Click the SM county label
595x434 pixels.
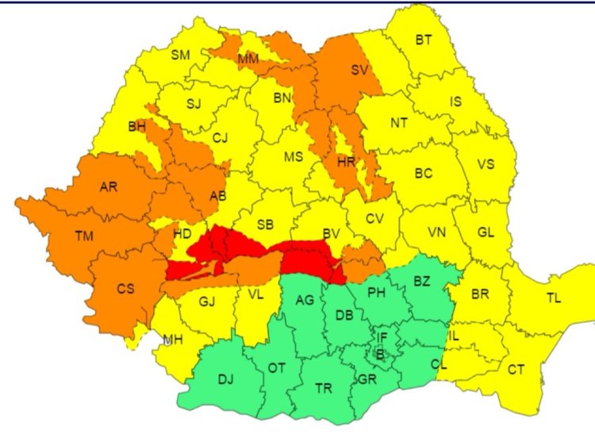point(181,54)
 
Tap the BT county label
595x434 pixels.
point(424,40)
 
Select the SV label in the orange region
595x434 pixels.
point(360,70)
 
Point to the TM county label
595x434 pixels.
point(83,236)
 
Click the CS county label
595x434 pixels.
point(126,289)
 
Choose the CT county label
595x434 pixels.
point(516,369)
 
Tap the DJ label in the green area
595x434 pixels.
point(226,378)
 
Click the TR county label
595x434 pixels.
point(324,389)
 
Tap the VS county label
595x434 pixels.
point(486,164)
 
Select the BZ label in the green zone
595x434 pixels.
point(421,282)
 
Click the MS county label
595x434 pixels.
point(294,156)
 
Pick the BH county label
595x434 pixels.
point(136,125)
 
